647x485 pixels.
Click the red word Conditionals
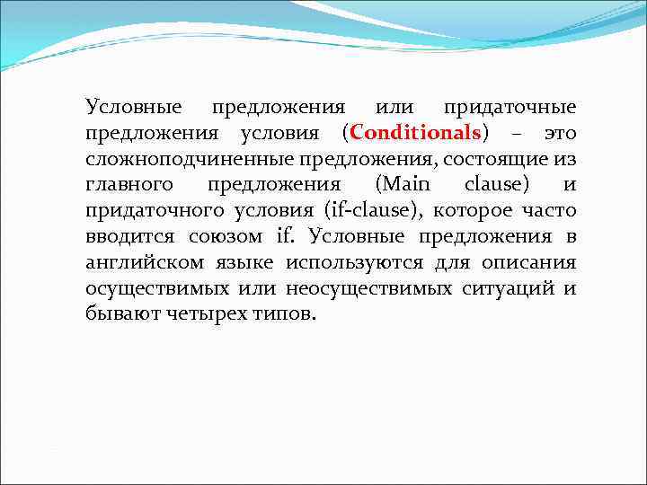pyautogui.click(x=417, y=134)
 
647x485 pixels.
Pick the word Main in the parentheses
pyautogui.click(x=403, y=186)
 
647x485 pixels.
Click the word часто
pyautogui.click(x=550, y=212)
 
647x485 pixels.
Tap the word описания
pyautogui.click(x=531, y=264)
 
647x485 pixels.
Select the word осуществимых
pyautogui.click(x=150, y=290)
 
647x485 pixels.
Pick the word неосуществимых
pyautogui.click(x=360, y=290)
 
